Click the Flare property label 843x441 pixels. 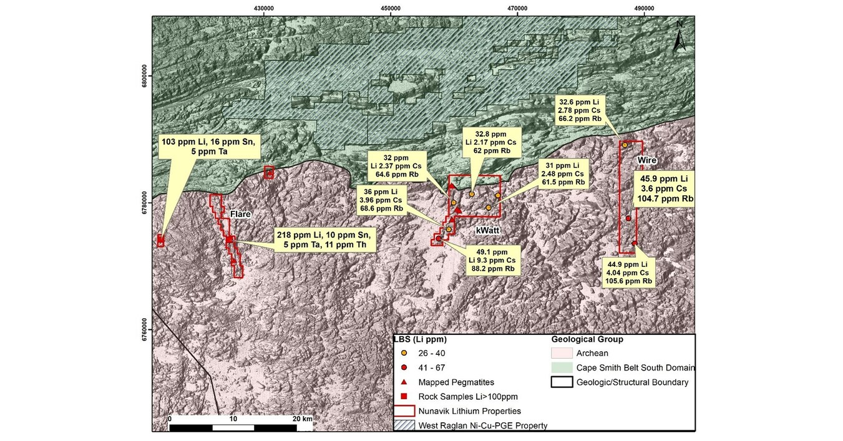click(241, 215)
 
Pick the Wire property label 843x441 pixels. click(647, 160)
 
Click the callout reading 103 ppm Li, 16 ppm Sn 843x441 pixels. click(208, 149)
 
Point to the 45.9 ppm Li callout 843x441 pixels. click(664, 188)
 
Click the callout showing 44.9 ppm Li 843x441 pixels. click(628, 273)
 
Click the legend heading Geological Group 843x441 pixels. click(587, 340)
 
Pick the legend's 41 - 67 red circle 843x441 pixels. click(404, 368)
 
